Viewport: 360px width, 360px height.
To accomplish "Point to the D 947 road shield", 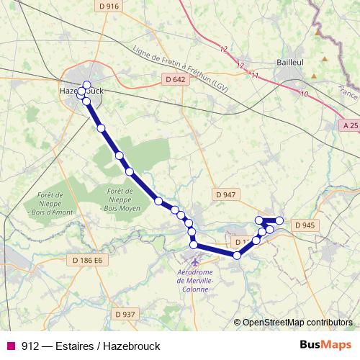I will coord(225,194).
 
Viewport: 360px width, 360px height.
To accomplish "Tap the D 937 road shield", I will coord(125,314).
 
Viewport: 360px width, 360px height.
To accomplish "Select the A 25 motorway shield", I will coord(350,125).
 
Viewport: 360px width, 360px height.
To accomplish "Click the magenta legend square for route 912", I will coord(9,346).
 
